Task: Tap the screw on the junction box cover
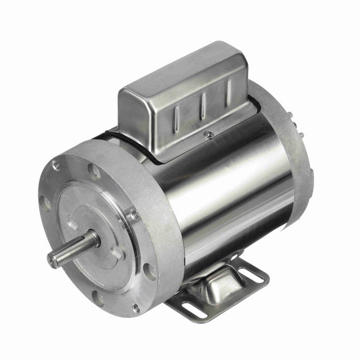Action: pos(210,133)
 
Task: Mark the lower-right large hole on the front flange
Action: pos(150,271)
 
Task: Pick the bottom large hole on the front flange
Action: pos(99,297)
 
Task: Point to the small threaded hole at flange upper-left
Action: pos(56,166)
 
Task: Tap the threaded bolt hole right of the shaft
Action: pos(132,215)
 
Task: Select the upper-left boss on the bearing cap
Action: pos(72,223)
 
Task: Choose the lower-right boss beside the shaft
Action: pos(116,253)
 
